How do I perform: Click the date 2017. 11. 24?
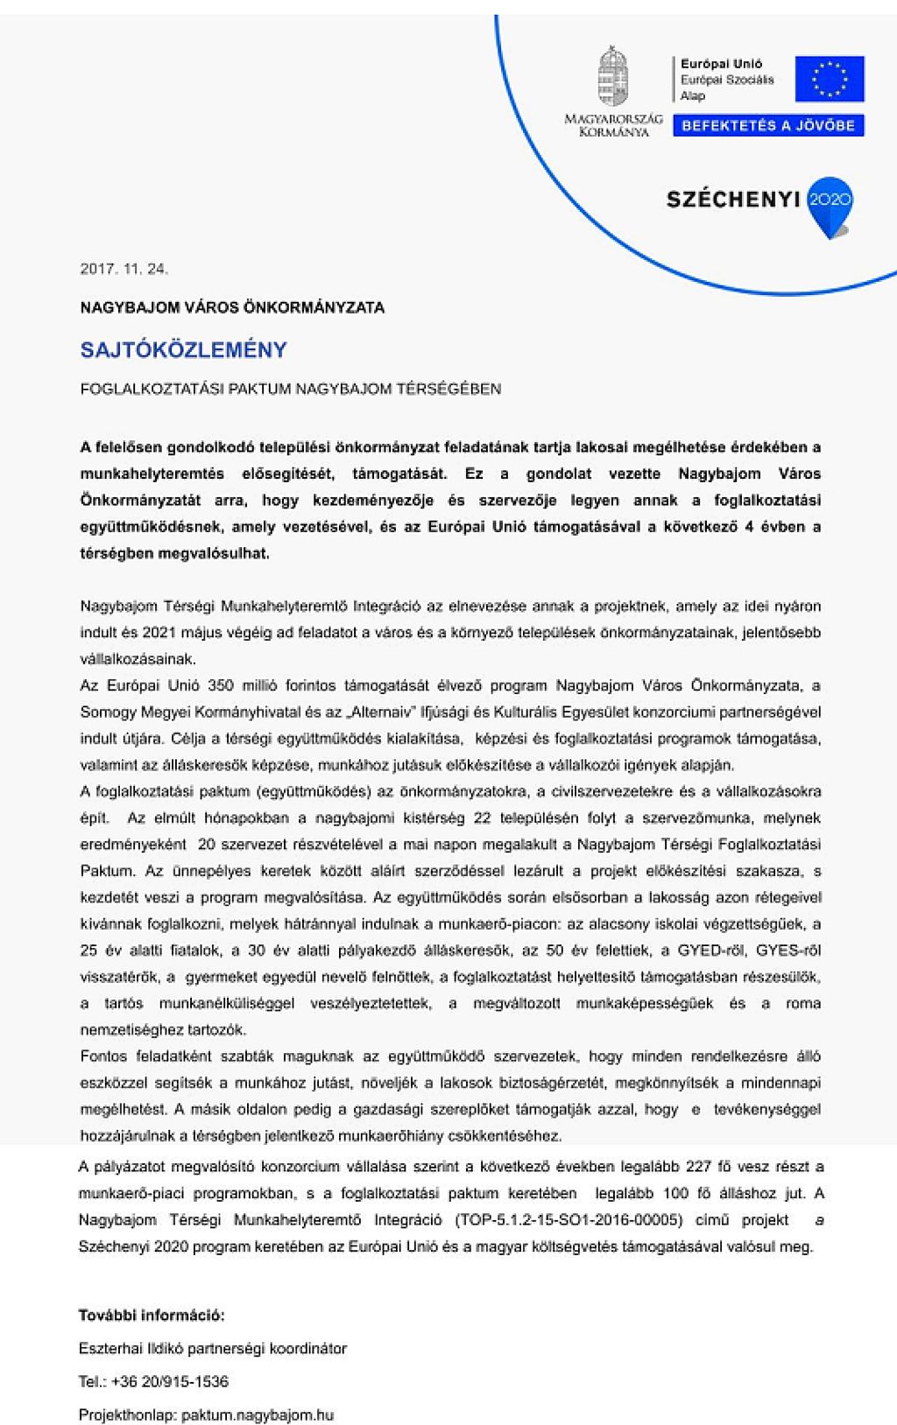click(124, 269)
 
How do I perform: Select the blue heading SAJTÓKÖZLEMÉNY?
click(183, 350)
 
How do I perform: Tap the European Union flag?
click(829, 79)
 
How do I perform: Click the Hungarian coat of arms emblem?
click(613, 77)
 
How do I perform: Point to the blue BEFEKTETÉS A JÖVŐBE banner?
click(768, 125)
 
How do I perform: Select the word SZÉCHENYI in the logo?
click(733, 200)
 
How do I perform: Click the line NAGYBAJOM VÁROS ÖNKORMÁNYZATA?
click(232, 308)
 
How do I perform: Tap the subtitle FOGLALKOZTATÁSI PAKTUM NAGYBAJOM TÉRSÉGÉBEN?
click(290, 389)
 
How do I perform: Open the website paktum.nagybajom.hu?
click(257, 1414)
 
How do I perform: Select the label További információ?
click(152, 1315)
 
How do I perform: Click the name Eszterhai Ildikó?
click(127, 1348)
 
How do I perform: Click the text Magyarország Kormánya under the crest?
click(613, 124)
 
